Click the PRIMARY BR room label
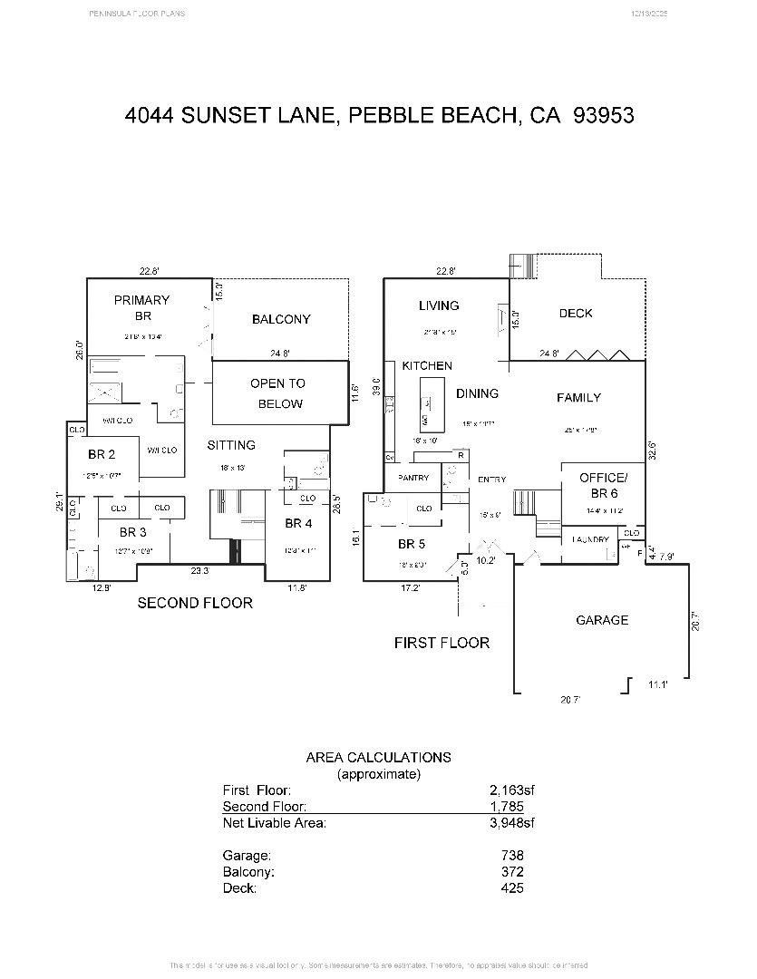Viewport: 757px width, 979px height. (141, 307)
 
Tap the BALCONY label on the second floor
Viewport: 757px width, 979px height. (281, 319)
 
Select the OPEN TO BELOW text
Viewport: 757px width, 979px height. (277, 393)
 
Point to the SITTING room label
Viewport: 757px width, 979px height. (231, 445)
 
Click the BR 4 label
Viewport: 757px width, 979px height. (298, 523)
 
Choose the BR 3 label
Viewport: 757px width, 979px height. (132, 532)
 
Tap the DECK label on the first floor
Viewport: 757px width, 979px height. (576, 313)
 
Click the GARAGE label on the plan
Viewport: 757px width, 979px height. (602, 620)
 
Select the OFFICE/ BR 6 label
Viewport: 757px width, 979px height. (603, 485)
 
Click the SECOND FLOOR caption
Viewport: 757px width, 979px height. (195, 602)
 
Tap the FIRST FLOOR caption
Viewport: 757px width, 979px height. (442, 643)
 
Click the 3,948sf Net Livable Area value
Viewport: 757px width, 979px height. (512, 823)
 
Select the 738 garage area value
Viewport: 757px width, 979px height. (512, 855)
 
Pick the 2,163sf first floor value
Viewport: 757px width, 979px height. (512, 790)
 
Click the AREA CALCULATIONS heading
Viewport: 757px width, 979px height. (378, 757)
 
